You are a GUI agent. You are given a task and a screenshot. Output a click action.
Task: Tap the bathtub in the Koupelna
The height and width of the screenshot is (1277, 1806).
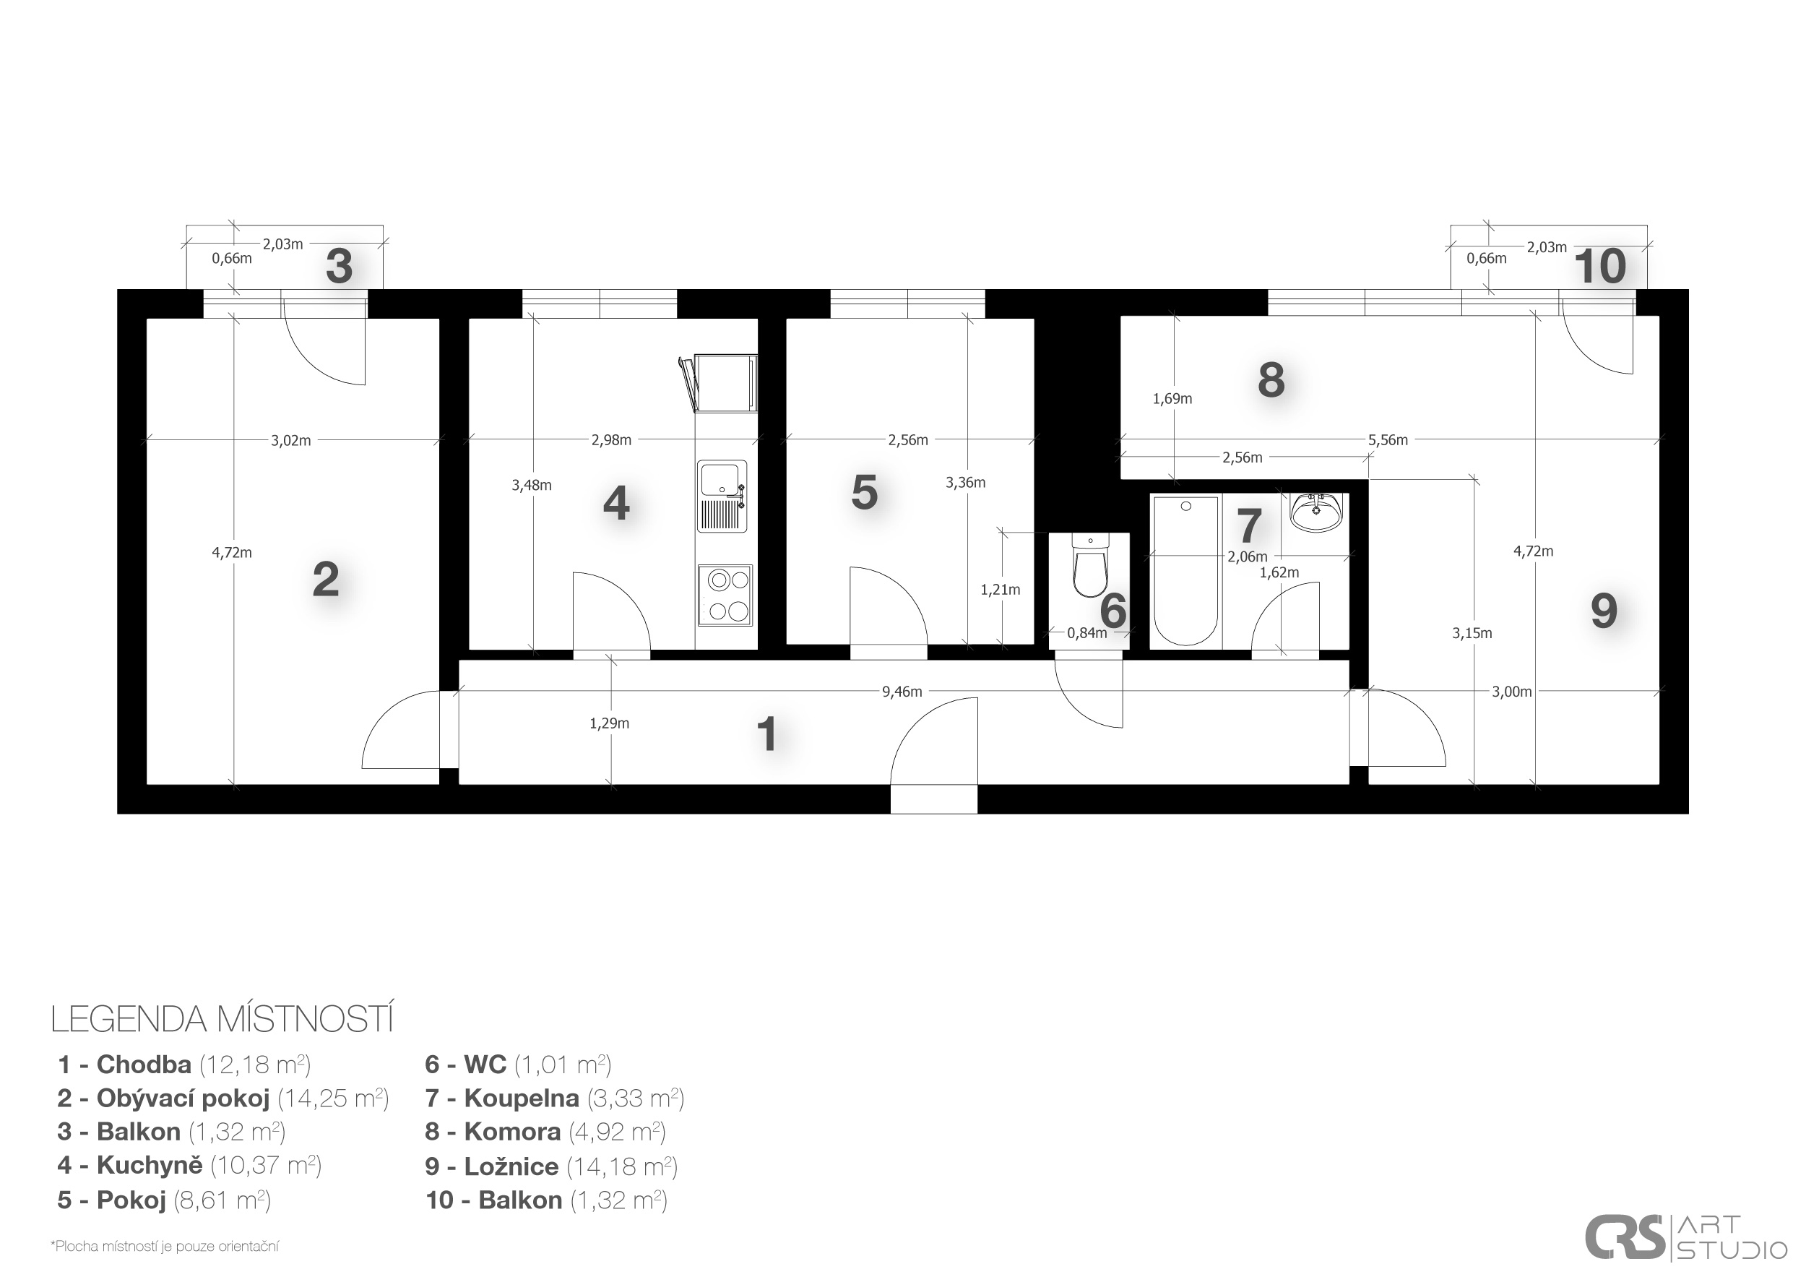point(1185,571)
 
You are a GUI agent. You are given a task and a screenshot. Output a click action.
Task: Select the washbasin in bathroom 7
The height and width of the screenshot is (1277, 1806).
point(1316,512)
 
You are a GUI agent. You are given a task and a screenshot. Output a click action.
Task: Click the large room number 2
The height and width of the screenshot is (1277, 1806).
point(326,580)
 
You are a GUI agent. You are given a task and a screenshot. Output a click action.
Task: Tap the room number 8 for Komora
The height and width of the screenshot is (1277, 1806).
point(1271,380)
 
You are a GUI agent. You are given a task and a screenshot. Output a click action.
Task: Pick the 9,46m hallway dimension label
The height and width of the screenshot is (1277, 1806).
point(902,692)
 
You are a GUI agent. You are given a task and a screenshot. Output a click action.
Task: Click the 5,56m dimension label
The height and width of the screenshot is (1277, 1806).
point(1388,440)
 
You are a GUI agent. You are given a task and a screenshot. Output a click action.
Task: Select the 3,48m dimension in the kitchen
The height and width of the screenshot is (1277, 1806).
point(532,486)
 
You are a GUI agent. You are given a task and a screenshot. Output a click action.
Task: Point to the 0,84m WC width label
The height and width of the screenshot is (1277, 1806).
point(1086,632)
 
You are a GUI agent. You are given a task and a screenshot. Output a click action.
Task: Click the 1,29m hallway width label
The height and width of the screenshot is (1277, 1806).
point(609,723)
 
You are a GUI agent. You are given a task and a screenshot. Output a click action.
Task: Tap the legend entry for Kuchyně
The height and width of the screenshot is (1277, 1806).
point(189,1165)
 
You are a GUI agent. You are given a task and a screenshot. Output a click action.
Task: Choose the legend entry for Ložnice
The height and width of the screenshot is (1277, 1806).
point(551,1166)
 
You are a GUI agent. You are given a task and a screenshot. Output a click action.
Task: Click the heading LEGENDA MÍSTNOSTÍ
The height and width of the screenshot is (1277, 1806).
point(222,1019)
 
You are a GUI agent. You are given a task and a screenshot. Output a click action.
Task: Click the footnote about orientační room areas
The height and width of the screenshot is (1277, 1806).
point(165,1247)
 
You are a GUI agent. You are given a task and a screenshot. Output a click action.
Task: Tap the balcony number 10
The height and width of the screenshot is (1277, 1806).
point(1599,267)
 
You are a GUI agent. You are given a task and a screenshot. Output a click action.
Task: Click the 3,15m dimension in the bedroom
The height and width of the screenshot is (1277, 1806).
point(1472,633)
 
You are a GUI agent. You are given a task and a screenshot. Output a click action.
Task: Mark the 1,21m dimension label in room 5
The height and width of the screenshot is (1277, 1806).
point(1000,589)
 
